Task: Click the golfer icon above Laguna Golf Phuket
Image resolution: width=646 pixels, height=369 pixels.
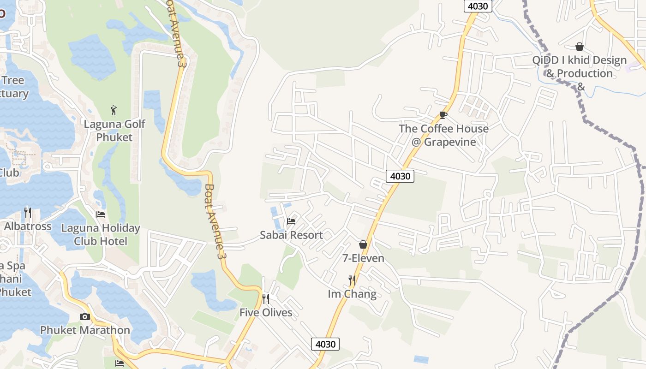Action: (x=114, y=110)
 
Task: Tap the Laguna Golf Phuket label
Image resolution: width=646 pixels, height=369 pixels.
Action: (x=114, y=131)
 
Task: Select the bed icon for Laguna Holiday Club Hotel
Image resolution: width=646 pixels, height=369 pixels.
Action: (x=101, y=214)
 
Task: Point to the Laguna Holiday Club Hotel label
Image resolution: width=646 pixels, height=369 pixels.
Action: (x=101, y=235)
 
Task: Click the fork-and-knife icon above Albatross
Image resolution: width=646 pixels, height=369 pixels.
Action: (x=28, y=213)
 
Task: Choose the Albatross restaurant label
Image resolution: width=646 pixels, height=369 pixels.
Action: (x=28, y=226)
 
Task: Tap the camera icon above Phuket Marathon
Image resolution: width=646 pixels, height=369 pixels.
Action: (x=85, y=316)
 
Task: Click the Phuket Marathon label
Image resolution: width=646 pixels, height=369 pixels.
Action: (x=85, y=330)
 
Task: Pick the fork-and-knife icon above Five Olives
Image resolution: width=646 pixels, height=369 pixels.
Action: (x=266, y=299)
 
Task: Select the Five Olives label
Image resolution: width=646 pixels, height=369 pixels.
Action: (x=266, y=313)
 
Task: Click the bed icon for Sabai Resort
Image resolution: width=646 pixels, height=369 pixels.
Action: (x=291, y=221)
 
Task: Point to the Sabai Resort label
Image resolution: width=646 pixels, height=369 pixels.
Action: (x=291, y=235)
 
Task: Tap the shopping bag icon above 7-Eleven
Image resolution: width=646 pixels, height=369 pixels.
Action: (x=363, y=244)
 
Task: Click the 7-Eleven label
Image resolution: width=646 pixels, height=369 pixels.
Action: (x=363, y=258)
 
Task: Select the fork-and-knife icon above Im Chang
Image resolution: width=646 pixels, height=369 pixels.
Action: (x=352, y=280)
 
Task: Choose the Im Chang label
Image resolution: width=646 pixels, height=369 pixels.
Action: (x=352, y=294)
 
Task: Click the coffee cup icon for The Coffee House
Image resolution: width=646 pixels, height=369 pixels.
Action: (x=443, y=115)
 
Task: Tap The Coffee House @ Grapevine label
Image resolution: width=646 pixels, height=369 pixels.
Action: (x=443, y=135)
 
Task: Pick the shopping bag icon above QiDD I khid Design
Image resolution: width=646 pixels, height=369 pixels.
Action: (x=580, y=47)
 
